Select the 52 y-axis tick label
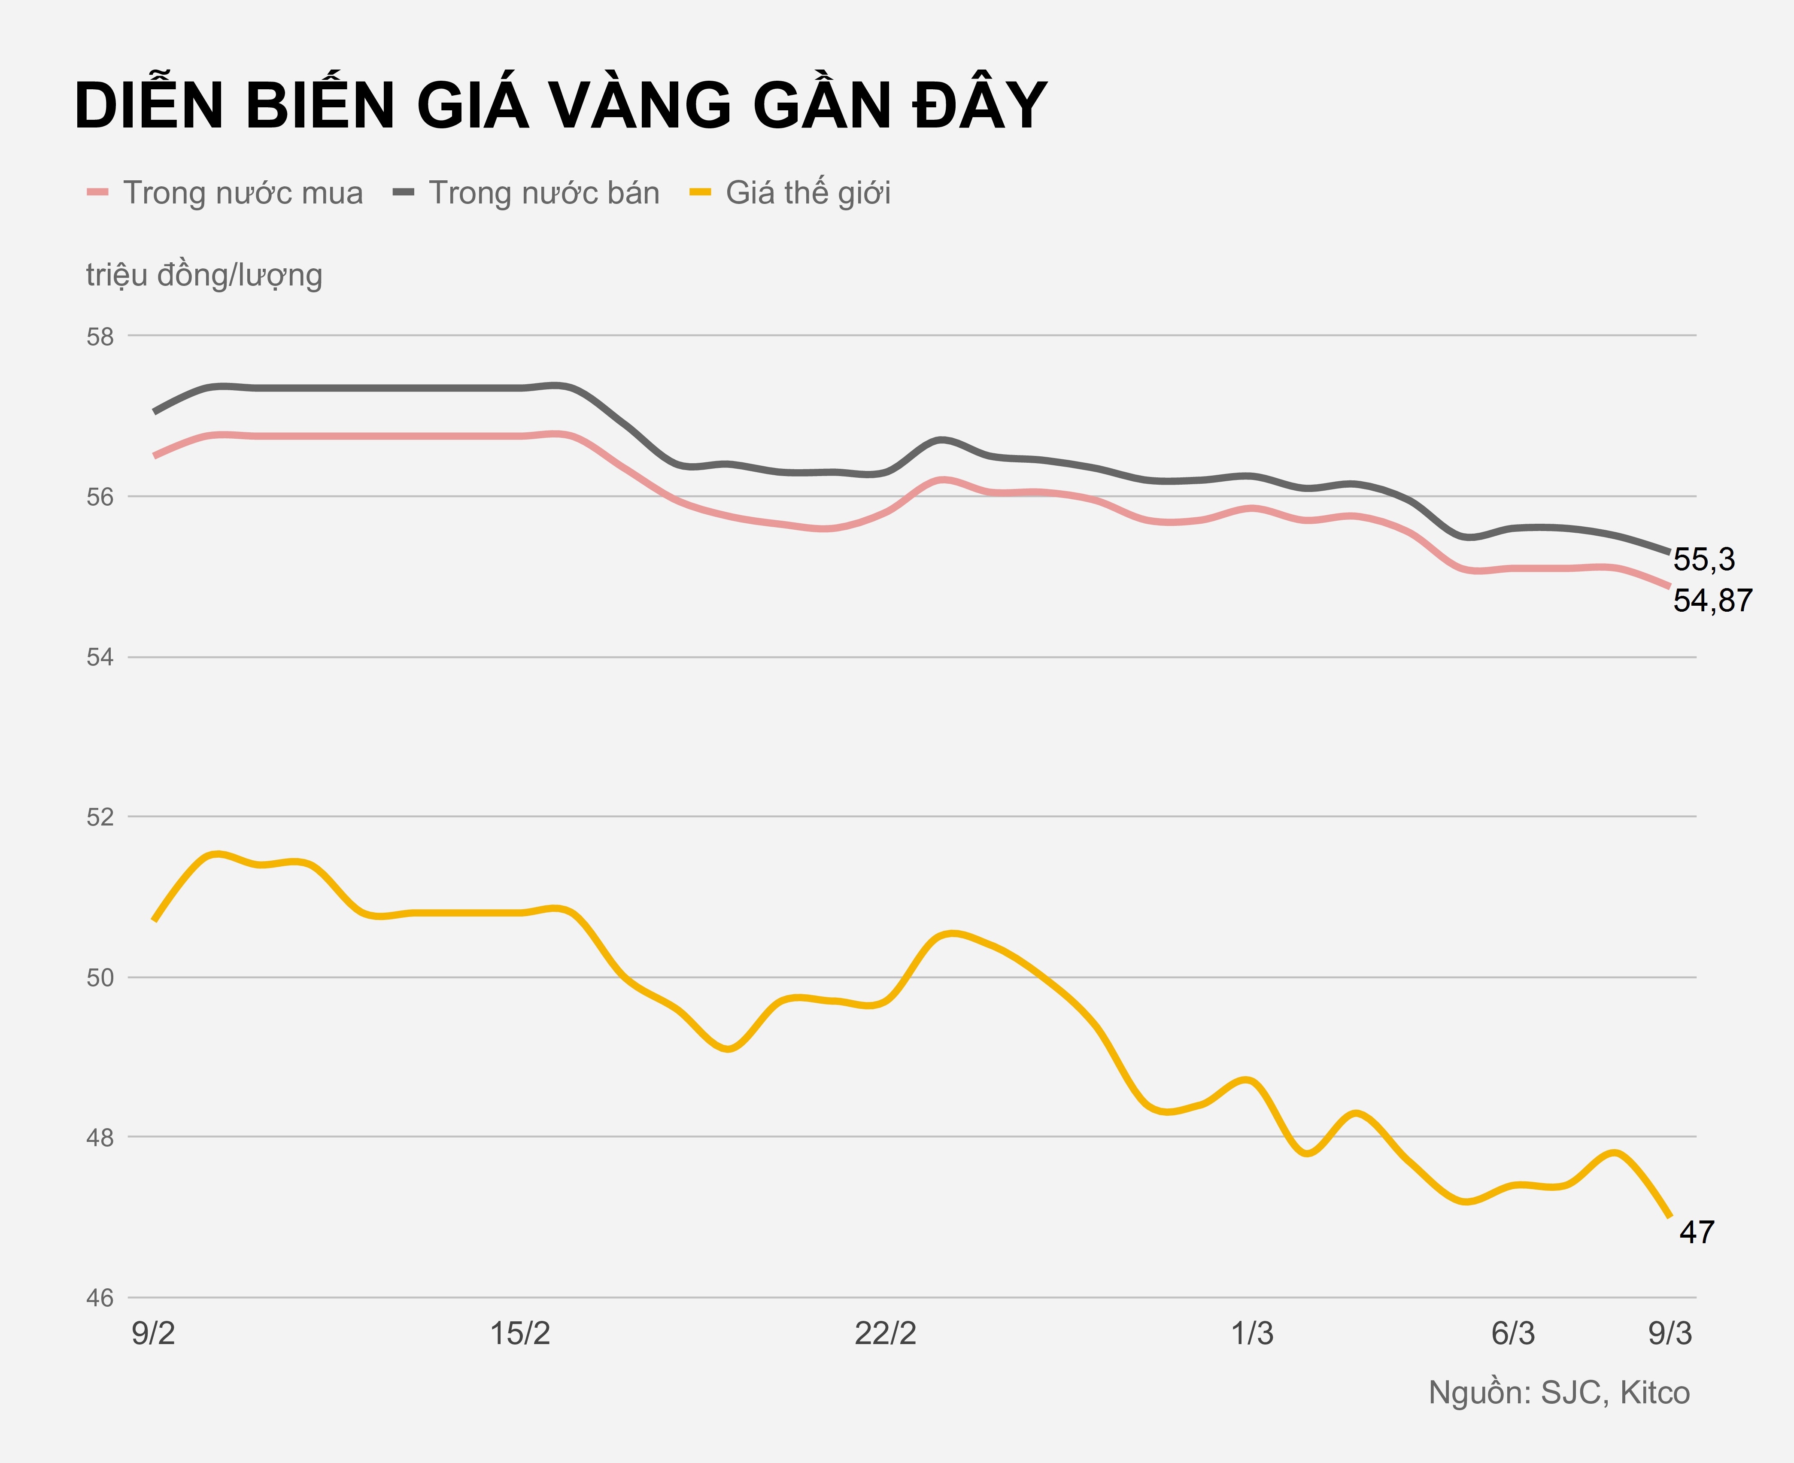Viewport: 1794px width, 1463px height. (100, 817)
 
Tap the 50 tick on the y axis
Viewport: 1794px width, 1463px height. (100, 977)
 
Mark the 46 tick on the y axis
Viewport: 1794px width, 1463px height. (100, 1298)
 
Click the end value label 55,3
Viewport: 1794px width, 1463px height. (1704, 560)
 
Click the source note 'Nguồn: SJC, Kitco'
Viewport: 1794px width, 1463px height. (1559, 1393)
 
